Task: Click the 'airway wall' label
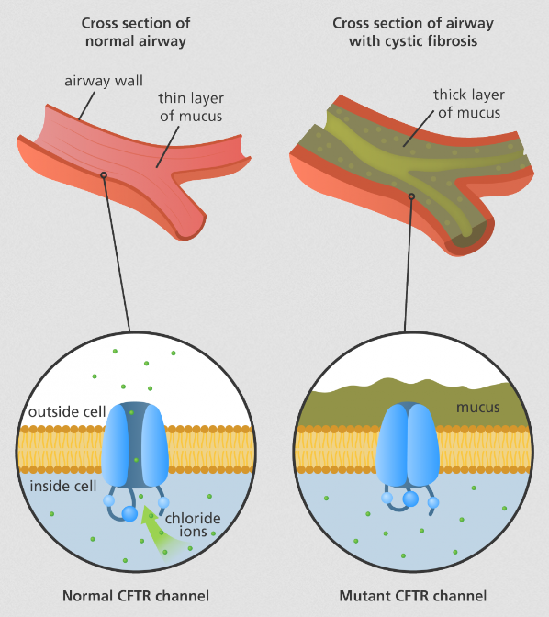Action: (104, 81)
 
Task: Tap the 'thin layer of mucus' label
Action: (191, 107)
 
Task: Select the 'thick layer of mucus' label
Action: (469, 104)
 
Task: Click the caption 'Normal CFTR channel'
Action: (136, 596)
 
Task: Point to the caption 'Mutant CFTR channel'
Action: (413, 596)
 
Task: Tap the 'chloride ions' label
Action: (193, 525)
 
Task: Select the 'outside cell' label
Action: (67, 412)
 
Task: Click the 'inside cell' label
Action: (63, 487)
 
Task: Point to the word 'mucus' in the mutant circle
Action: (477, 408)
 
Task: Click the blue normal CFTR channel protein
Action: (135, 444)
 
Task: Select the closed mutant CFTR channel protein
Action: (408, 443)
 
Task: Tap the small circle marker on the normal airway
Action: (104, 175)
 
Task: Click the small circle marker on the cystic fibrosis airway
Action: (411, 196)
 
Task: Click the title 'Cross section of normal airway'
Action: (136, 32)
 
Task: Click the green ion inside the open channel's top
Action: (131, 413)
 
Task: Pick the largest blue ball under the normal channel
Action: (129, 513)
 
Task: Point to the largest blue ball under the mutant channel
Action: (410, 499)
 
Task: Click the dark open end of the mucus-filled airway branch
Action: (468, 238)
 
